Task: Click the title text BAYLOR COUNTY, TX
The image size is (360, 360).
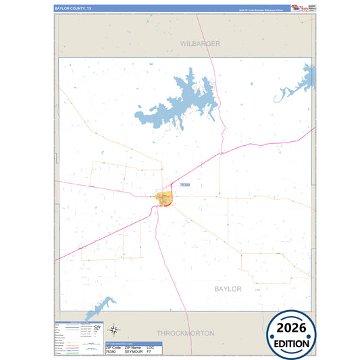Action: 74,8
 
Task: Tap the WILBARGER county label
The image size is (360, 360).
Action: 200,43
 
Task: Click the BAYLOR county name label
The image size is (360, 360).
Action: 228,288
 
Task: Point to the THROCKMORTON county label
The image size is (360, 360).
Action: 185,333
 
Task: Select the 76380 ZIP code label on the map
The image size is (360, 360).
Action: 185,184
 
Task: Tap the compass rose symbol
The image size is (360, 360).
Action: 115,330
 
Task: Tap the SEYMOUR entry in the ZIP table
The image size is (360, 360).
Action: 134,352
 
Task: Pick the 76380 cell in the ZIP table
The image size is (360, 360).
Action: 111,352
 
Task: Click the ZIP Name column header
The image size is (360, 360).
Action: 133,348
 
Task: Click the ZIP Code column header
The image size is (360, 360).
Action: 112,348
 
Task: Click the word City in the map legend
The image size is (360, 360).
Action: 97,326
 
